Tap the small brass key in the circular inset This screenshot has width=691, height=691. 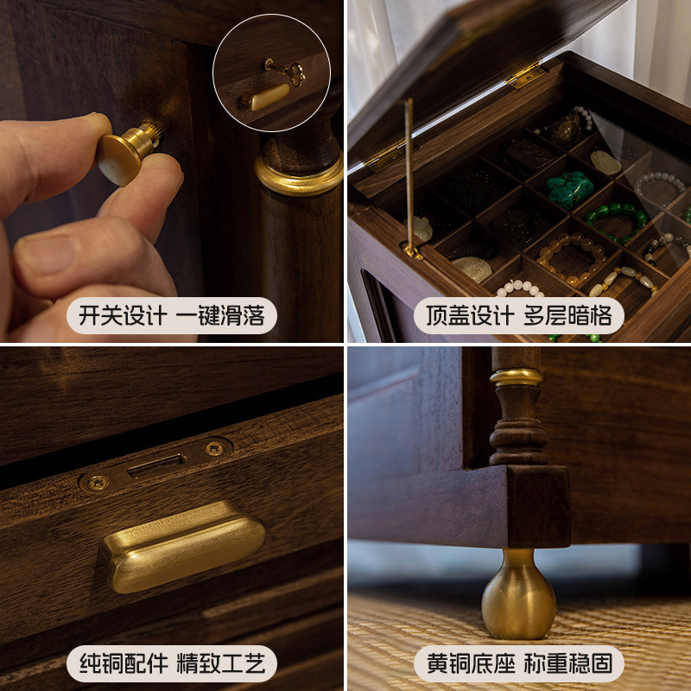286,73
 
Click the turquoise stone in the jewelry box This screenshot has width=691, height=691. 567,188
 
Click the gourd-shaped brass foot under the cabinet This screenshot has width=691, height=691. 517,594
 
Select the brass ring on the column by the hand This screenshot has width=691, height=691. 299,178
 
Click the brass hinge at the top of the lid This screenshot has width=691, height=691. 525,76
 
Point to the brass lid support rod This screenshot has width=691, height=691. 409,173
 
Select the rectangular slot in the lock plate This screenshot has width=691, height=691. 156,466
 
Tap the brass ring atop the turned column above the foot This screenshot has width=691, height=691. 517,377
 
